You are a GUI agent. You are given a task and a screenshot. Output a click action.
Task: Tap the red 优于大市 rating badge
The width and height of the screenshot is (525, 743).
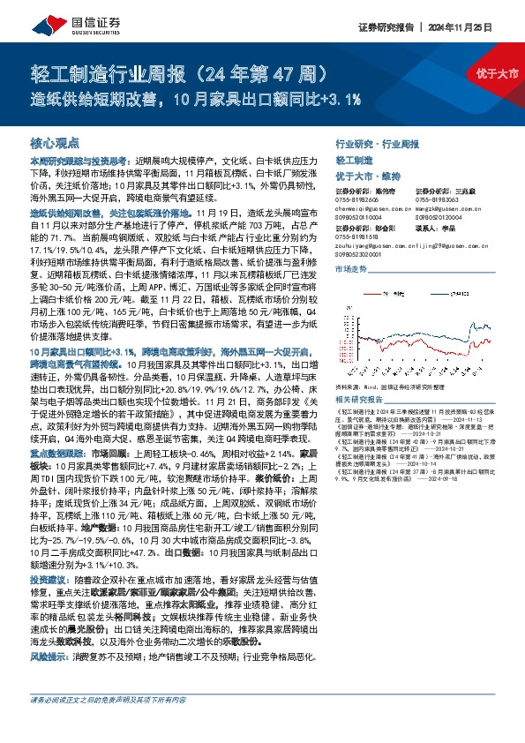tap(500, 72)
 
